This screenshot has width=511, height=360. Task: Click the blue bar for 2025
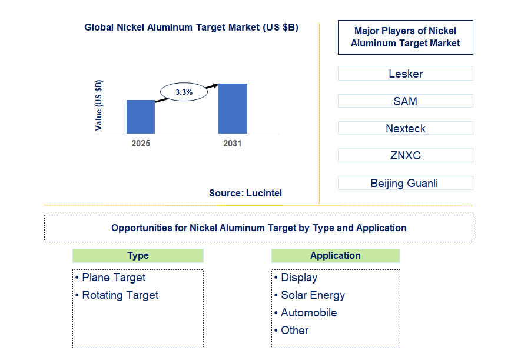pyautogui.click(x=141, y=116)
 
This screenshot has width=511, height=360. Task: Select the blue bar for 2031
pyautogui.click(x=233, y=108)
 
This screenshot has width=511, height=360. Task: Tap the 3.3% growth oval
pyautogui.click(x=184, y=92)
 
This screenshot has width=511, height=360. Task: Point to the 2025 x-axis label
pyautogui.click(x=141, y=143)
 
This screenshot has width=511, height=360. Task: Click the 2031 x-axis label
pyautogui.click(x=232, y=143)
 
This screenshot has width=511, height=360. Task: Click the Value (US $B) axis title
pyautogui.click(x=98, y=105)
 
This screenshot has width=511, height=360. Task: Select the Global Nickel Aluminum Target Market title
pyautogui.click(x=191, y=27)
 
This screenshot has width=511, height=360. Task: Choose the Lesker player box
pyautogui.click(x=405, y=74)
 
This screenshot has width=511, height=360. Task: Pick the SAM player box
pyautogui.click(x=405, y=101)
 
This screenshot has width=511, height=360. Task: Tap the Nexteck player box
pyautogui.click(x=405, y=128)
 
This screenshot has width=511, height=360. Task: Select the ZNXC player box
pyautogui.click(x=405, y=155)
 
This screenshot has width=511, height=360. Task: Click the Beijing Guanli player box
pyautogui.click(x=405, y=183)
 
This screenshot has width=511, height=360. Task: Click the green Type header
pyautogui.click(x=138, y=256)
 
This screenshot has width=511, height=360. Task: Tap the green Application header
pyautogui.click(x=336, y=256)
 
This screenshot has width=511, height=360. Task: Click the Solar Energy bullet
pyautogui.click(x=313, y=295)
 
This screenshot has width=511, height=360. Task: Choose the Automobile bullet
pyautogui.click(x=308, y=313)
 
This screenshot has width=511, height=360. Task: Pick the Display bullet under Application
pyautogui.click(x=299, y=278)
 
